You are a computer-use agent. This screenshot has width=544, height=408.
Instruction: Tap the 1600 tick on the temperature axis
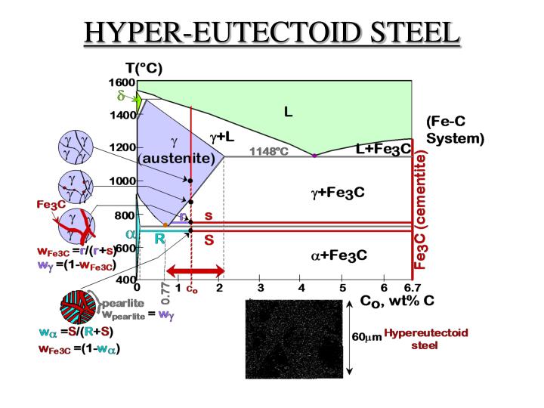point(125,82)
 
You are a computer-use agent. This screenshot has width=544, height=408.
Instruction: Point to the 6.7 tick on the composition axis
point(412,288)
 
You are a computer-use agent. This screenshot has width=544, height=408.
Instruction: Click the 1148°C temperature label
point(270,151)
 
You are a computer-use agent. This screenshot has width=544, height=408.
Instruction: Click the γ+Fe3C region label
point(338,193)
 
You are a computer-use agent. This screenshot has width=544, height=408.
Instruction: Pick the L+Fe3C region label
point(383,150)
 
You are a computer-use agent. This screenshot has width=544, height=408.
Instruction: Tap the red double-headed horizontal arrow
point(196,270)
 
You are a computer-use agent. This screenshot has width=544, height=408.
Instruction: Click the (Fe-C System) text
point(456,130)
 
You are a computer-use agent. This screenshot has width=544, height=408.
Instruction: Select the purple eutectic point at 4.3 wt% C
point(314,155)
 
